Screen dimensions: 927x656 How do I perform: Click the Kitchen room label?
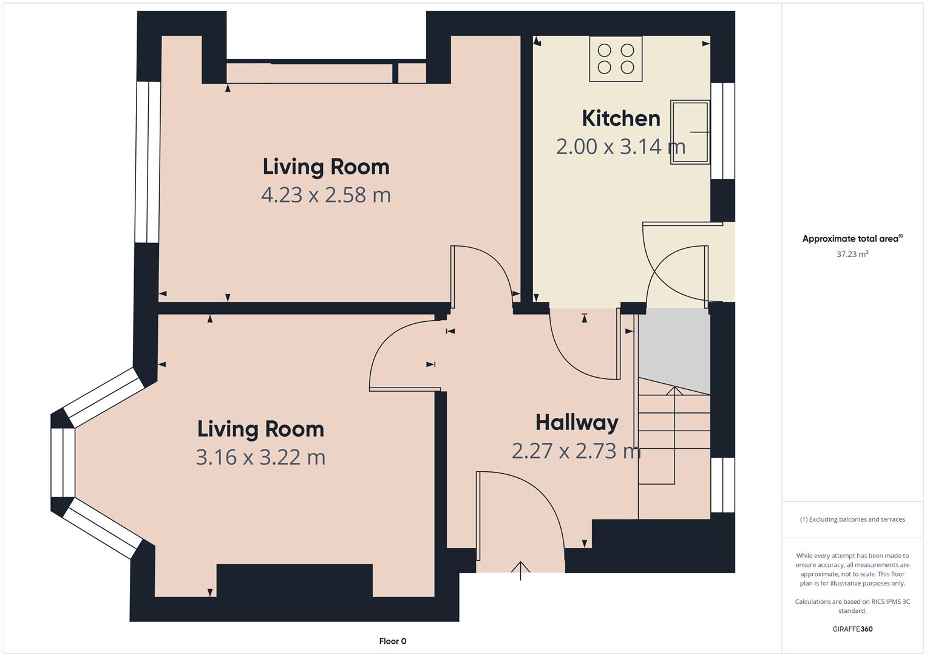coord(621,118)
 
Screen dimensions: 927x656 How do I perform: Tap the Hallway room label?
coord(577,423)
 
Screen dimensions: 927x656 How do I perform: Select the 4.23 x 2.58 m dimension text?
coord(325,195)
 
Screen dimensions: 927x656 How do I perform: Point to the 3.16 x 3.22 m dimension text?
coord(260,457)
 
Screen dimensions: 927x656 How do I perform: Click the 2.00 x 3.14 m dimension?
coord(620,146)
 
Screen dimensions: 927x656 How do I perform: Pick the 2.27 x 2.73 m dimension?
coord(576,451)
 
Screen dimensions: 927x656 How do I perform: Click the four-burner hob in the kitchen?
coord(616,59)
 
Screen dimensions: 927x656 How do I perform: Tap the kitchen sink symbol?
coord(690,132)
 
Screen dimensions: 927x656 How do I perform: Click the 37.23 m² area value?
coord(852,254)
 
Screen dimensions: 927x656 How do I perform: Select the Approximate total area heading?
coord(852,239)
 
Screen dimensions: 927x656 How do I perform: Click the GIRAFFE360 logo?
coord(852,629)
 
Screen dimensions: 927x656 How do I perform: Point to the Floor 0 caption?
coord(392,641)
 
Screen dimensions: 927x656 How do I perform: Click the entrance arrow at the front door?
coord(520,571)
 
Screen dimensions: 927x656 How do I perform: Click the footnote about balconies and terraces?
coord(852,519)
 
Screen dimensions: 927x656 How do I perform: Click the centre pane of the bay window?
coord(63,462)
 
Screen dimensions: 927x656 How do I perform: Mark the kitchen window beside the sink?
coord(722,131)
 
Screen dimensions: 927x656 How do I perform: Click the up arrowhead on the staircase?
coord(674,391)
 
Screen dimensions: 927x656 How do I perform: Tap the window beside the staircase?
coord(722,485)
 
